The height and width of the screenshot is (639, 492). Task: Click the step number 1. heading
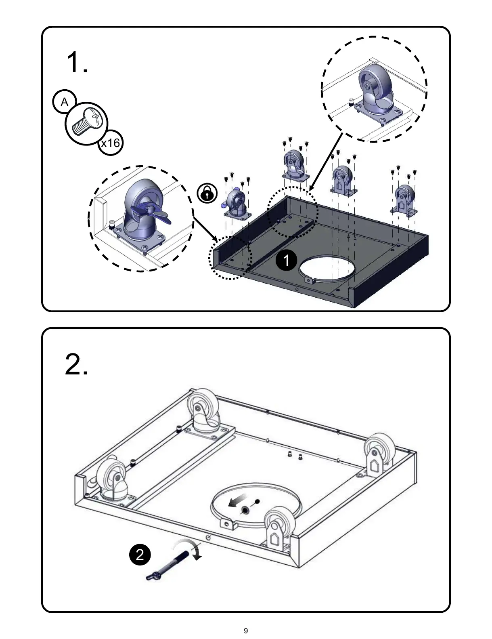76,63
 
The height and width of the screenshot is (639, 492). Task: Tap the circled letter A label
65,102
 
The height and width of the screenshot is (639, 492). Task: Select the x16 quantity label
111,143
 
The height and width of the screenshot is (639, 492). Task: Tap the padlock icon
207,193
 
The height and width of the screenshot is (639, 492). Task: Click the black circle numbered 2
140,554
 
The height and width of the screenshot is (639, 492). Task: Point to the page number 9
246,631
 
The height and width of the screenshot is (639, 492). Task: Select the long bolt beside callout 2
168,566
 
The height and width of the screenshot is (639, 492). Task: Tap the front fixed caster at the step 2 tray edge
277,525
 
